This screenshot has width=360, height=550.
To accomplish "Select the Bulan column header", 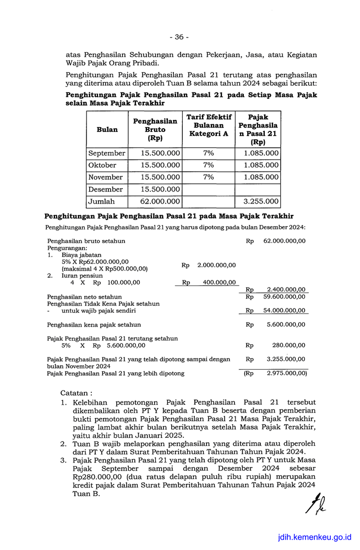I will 107,130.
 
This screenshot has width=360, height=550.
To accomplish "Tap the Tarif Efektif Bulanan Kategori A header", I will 209,125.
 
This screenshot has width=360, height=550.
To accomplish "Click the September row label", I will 107,153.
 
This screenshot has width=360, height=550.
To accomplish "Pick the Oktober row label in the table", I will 102,165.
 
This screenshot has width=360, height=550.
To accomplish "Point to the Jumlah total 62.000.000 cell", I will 160,202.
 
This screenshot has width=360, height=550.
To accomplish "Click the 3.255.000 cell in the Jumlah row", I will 261,202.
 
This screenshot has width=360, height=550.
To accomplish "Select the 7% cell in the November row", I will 209,177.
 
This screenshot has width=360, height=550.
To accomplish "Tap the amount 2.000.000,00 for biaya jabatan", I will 216,265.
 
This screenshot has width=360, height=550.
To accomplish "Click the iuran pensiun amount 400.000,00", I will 219,283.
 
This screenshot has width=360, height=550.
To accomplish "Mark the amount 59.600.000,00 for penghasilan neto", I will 284,296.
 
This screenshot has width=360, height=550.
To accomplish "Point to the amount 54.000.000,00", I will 284,311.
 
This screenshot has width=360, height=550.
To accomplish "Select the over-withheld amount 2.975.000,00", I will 286,373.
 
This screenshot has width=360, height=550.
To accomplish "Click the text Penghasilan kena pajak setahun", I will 94,324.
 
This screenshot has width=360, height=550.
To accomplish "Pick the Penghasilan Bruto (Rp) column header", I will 155,130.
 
